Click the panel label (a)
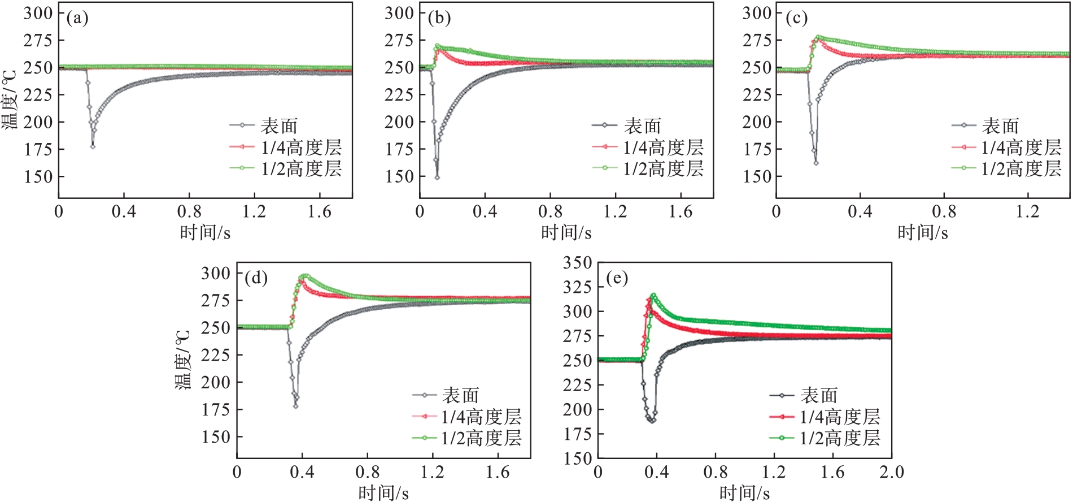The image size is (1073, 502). tap(77, 19)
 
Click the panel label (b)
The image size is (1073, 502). tap(439, 19)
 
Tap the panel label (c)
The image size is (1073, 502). tap(796, 19)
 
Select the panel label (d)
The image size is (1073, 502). tap(256, 278)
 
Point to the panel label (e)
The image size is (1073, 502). tap(617, 278)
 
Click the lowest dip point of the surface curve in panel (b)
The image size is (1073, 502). tap(437, 178)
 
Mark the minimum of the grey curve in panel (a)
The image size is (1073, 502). tap(93, 146)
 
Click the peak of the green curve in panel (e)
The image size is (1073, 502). tap(653, 295)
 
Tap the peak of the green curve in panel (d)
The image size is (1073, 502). tap(306, 276)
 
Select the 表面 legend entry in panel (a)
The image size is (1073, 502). tap(278, 125)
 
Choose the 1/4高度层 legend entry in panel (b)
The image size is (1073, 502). tap(663, 148)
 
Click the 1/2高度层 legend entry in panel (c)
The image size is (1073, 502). tap(1021, 168)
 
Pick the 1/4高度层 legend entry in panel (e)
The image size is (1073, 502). tap(840, 417)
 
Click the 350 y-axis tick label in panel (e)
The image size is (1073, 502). tap(577, 263)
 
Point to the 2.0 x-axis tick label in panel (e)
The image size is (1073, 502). tap(891, 473)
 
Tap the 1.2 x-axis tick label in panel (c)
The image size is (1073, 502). tap(1027, 212)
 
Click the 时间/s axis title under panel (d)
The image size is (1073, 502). tap(383, 493)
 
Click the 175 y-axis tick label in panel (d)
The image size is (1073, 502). tap(216, 410)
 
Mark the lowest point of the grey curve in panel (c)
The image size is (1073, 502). tap(815, 163)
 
